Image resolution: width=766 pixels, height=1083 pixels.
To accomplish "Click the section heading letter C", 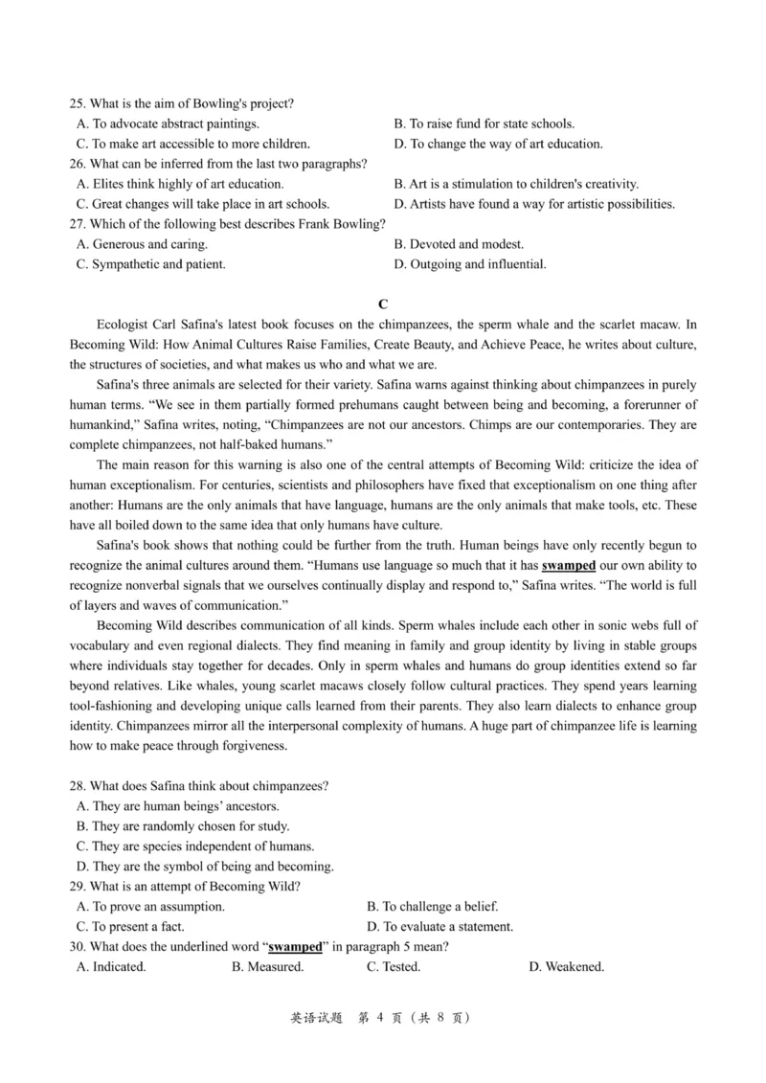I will [x=383, y=305].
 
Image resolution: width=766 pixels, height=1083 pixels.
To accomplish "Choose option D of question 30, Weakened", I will [x=566, y=967].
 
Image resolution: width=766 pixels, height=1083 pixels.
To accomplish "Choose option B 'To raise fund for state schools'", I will [x=484, y=124].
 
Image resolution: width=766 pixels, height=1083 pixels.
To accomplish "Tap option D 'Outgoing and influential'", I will [x=470, y=264].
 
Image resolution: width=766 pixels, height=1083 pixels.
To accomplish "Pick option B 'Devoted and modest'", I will [x=459, y=244].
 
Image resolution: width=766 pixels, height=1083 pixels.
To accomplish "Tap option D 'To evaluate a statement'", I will [x=440, y=926].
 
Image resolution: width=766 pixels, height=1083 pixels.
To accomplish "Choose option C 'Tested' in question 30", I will [x=394, y=967].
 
